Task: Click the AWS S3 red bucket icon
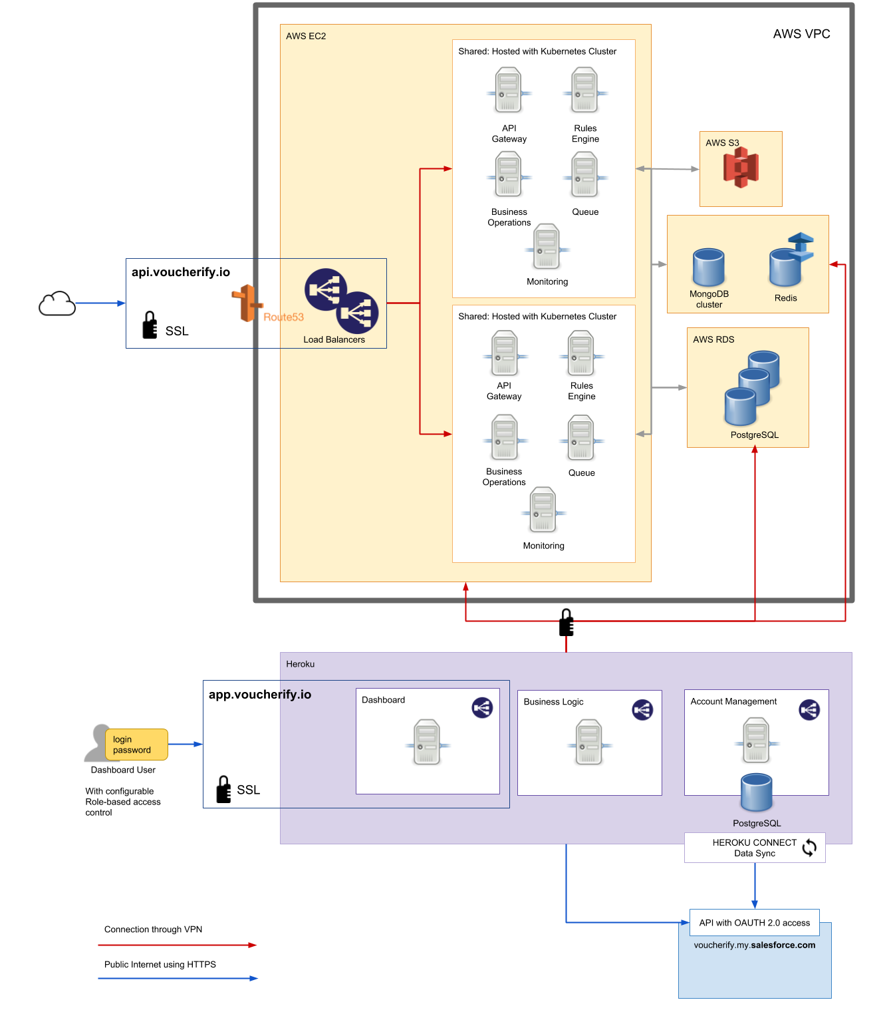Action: (x=741, y=168)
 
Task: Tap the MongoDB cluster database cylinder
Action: (x=709, y=267)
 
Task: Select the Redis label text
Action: (x=785, y=298)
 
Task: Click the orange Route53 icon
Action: (x=247, y=303)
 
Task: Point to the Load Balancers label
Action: (x=334, y=339)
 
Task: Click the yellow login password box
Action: (x=136, y=745)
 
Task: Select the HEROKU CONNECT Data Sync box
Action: (x=754, y=848)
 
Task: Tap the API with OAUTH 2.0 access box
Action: (x=754, y=923)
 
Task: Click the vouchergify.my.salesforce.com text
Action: (x=754, y=945)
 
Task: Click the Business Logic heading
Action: (x=553, y=702)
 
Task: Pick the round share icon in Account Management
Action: (x=809, y=710)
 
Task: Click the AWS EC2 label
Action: (x=306, y=36)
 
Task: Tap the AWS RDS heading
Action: (x=713, y=339)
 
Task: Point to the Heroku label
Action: (x=300, y=664)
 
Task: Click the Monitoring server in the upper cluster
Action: (x=547, y=247)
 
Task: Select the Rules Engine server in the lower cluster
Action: (x=580, y=354)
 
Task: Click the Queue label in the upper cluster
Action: (x=585, y=212)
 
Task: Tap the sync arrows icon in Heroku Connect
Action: (x=809, y=848)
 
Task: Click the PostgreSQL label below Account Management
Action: (x=757, y=823)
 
